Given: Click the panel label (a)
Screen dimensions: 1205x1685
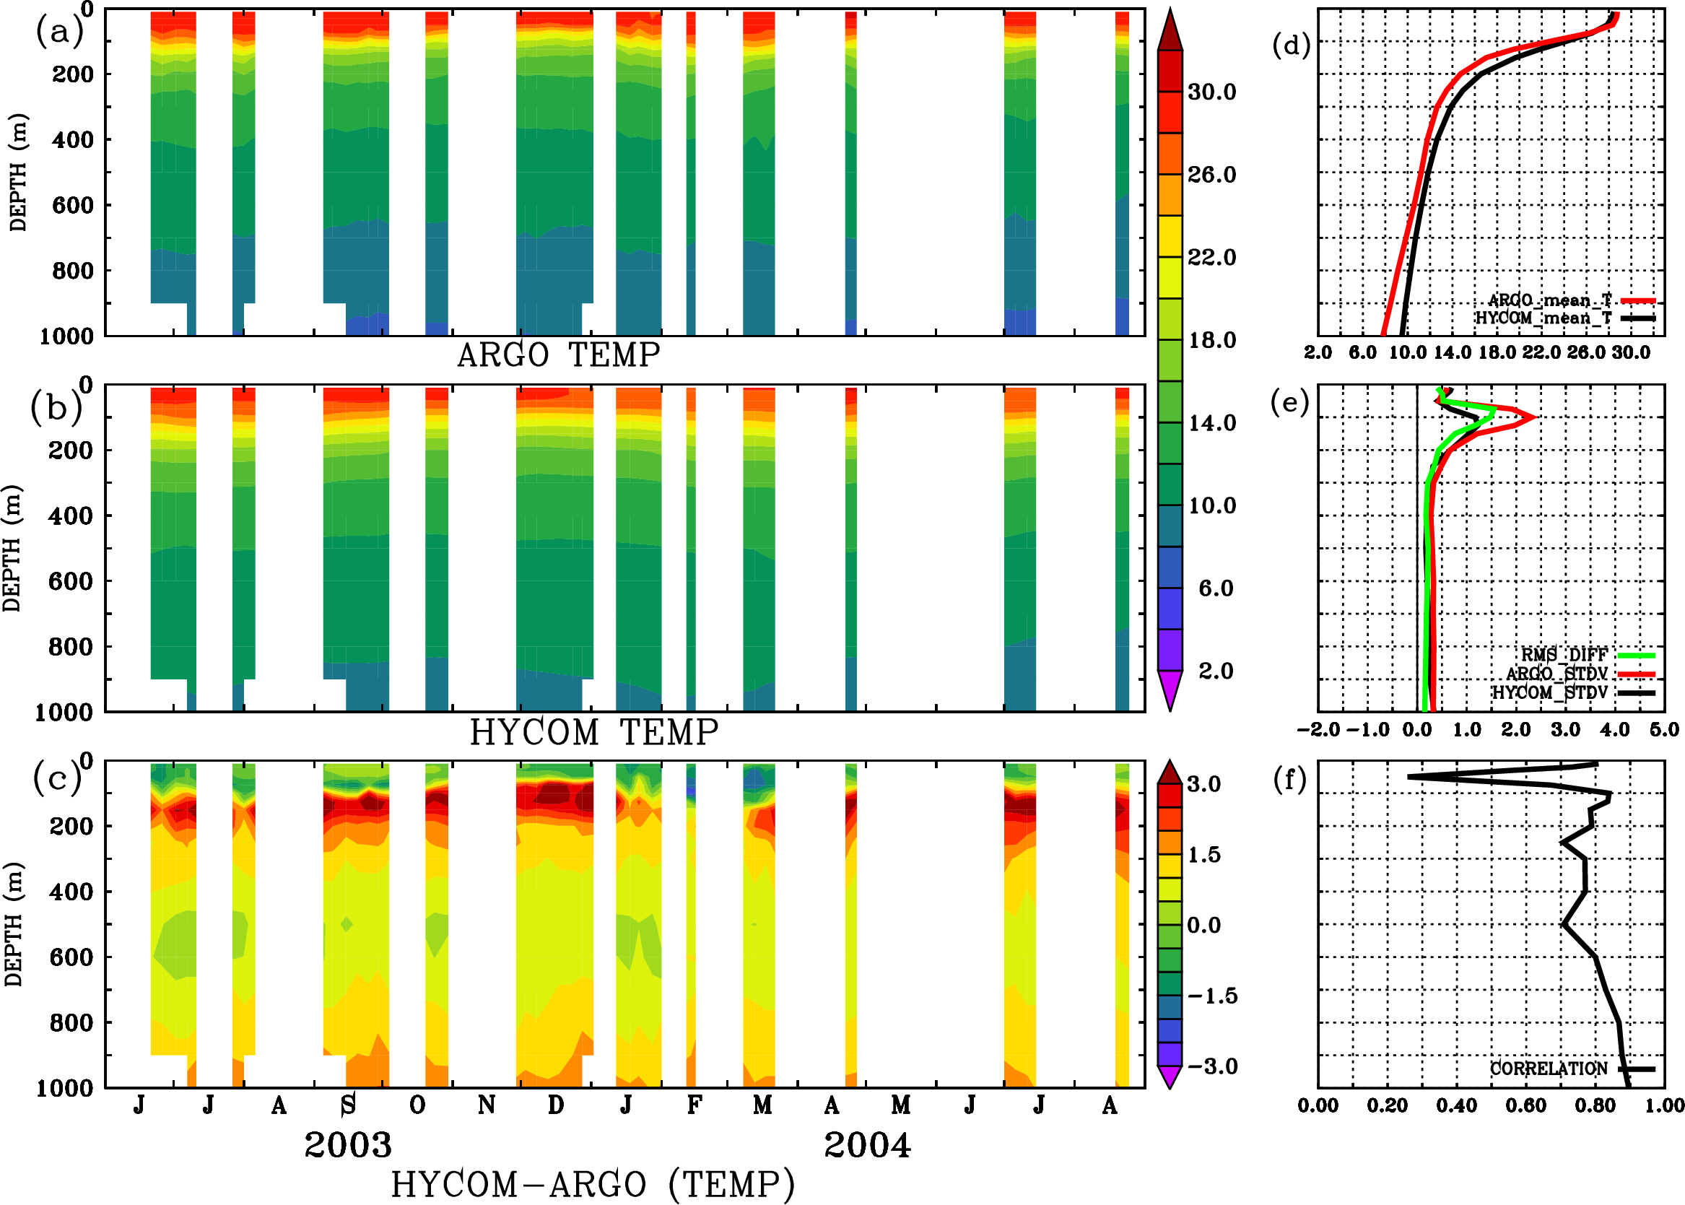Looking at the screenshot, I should pyautogui.click(x=58, y=32).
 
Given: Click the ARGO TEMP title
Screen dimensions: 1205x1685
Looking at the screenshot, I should pyautogui.click(x=558, y=355).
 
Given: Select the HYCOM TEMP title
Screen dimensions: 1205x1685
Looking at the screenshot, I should pyautogui.click(x=594, y=732).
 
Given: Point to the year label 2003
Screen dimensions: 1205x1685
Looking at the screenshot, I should pyautogui.click(x=348, y=1145).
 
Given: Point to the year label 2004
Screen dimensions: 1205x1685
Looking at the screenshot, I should pyautogui.click(x=867, y=1145).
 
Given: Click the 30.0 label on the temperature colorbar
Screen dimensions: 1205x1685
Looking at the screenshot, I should pyautogui.click(x=1211, y=92).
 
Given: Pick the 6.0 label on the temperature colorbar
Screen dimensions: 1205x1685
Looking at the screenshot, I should pyautogui.click(x=1215, y=588).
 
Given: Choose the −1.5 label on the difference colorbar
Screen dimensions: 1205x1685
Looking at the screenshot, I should pyautogui.click(x=1212, y=996).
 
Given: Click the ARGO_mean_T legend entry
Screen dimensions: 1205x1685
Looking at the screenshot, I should pyautogui.click(x=1550, y=300).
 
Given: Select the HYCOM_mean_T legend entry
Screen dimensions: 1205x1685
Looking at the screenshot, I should pyautogui.click(x=1544, y=318).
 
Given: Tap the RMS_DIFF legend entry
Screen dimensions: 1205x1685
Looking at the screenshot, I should pyautogui.click(x=1564, y=655).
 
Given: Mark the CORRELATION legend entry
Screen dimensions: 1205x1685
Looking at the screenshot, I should pyautogui.click(x=1549, y=1069).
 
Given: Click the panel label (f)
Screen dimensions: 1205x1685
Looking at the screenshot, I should pyautogui.click(x=1289, y=780).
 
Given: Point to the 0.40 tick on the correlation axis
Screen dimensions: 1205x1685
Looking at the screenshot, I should pyautogui.click(x=1455, y=1105).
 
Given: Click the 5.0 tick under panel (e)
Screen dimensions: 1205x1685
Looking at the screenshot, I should pyautogui.click(x=1664, y=730).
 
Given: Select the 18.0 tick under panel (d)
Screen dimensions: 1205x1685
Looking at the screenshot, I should pyautogui.click(x=1497, y=352).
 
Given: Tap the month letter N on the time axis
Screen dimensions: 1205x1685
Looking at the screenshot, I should pyautogui.click(x=486, y=1105).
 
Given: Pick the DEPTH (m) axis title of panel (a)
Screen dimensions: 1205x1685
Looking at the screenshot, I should pyautogui.click(x=19, y=172).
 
